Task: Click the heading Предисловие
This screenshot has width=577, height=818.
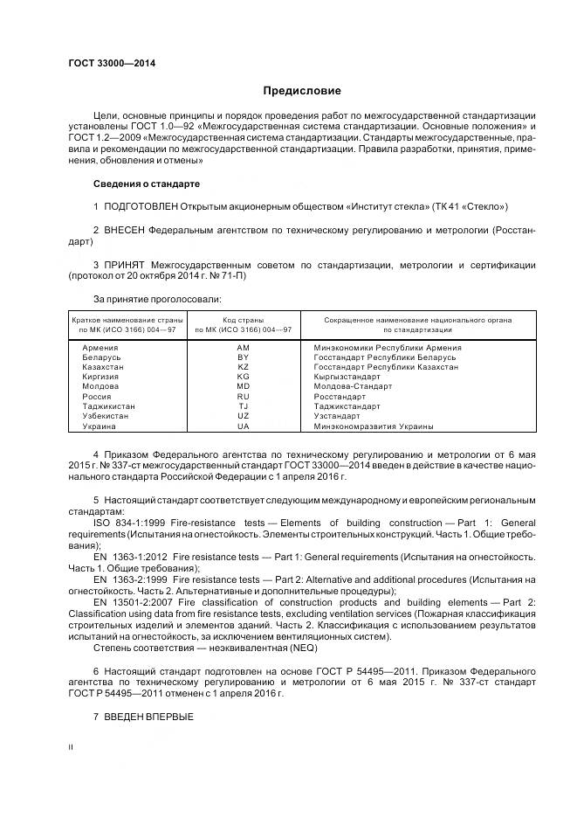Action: (x=302, y=91)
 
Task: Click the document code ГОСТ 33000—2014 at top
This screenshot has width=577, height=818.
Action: (x=106, y=64)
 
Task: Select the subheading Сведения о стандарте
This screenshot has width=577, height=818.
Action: (x=146, y=184)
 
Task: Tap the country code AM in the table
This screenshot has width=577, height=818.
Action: (x=243, y=347)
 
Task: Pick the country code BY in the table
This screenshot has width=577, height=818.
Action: (x=243, y=357)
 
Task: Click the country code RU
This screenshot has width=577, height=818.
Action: (x=243, y=396)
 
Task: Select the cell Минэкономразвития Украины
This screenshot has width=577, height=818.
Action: (x=374, y=426)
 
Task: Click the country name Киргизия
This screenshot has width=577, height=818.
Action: (x=100, y=377)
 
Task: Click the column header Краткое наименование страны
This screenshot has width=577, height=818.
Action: (x=127, y=321)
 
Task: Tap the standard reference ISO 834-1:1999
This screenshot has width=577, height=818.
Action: (x=132, y=522)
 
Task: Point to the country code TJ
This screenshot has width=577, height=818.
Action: (x=243, y=406)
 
